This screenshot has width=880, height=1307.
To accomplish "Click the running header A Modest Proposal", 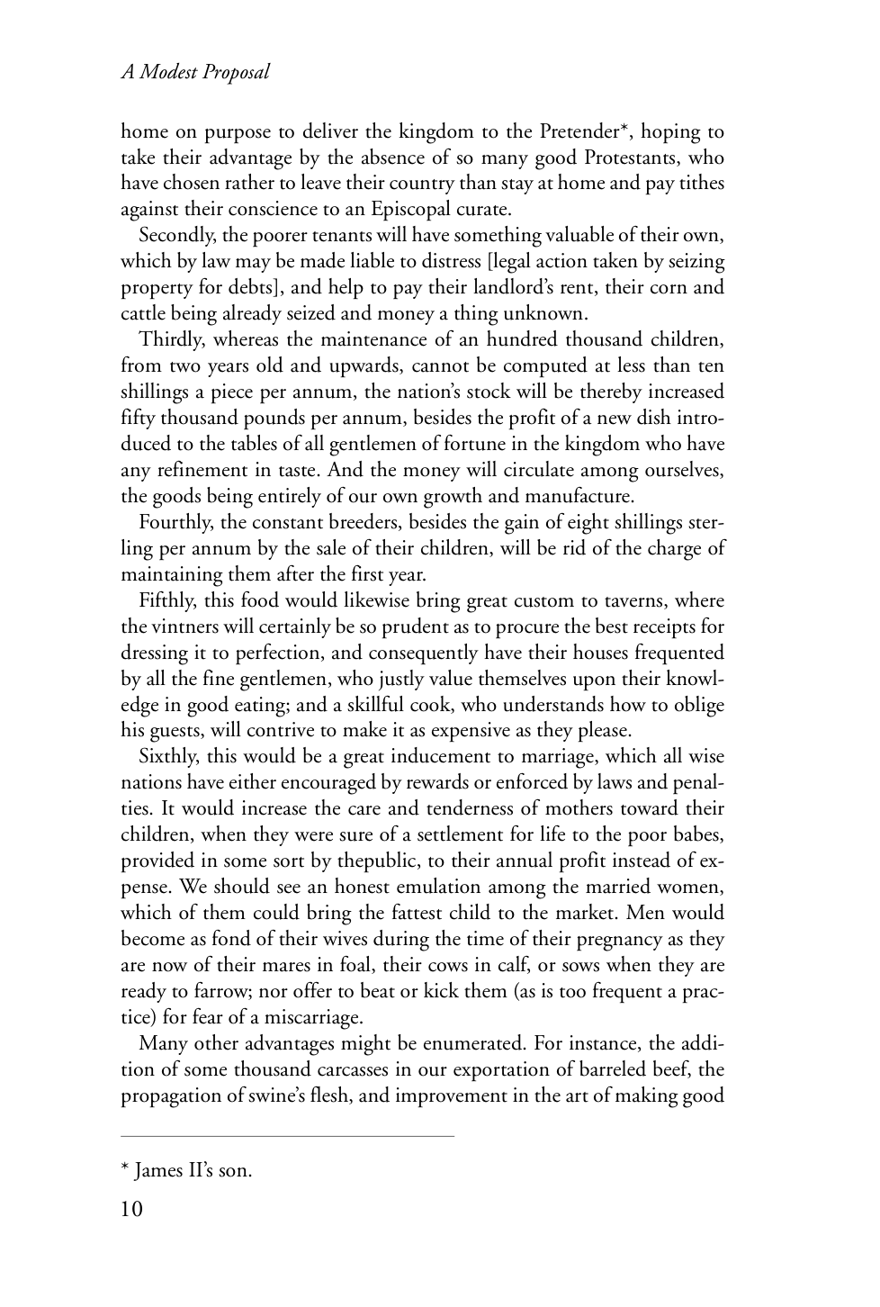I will click(195, 73).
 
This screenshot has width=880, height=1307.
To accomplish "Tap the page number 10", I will click(131, 1208).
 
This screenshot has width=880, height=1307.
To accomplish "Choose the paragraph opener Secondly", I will click(175, 236).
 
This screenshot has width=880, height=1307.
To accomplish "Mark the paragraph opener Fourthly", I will click(175, 523).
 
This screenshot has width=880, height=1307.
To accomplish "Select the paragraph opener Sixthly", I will click(169, 757).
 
